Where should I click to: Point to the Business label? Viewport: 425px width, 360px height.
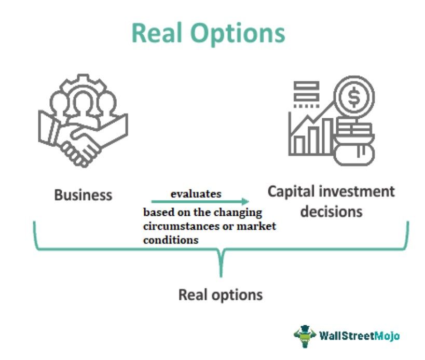[x=83, y=195]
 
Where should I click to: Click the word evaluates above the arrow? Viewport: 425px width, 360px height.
[x=196, y=193]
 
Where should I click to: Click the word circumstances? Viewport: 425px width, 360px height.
[x=181, y=227]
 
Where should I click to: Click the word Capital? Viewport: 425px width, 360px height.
[x=291, y=191]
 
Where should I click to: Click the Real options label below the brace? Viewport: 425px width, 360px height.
[x=221, y=295]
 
